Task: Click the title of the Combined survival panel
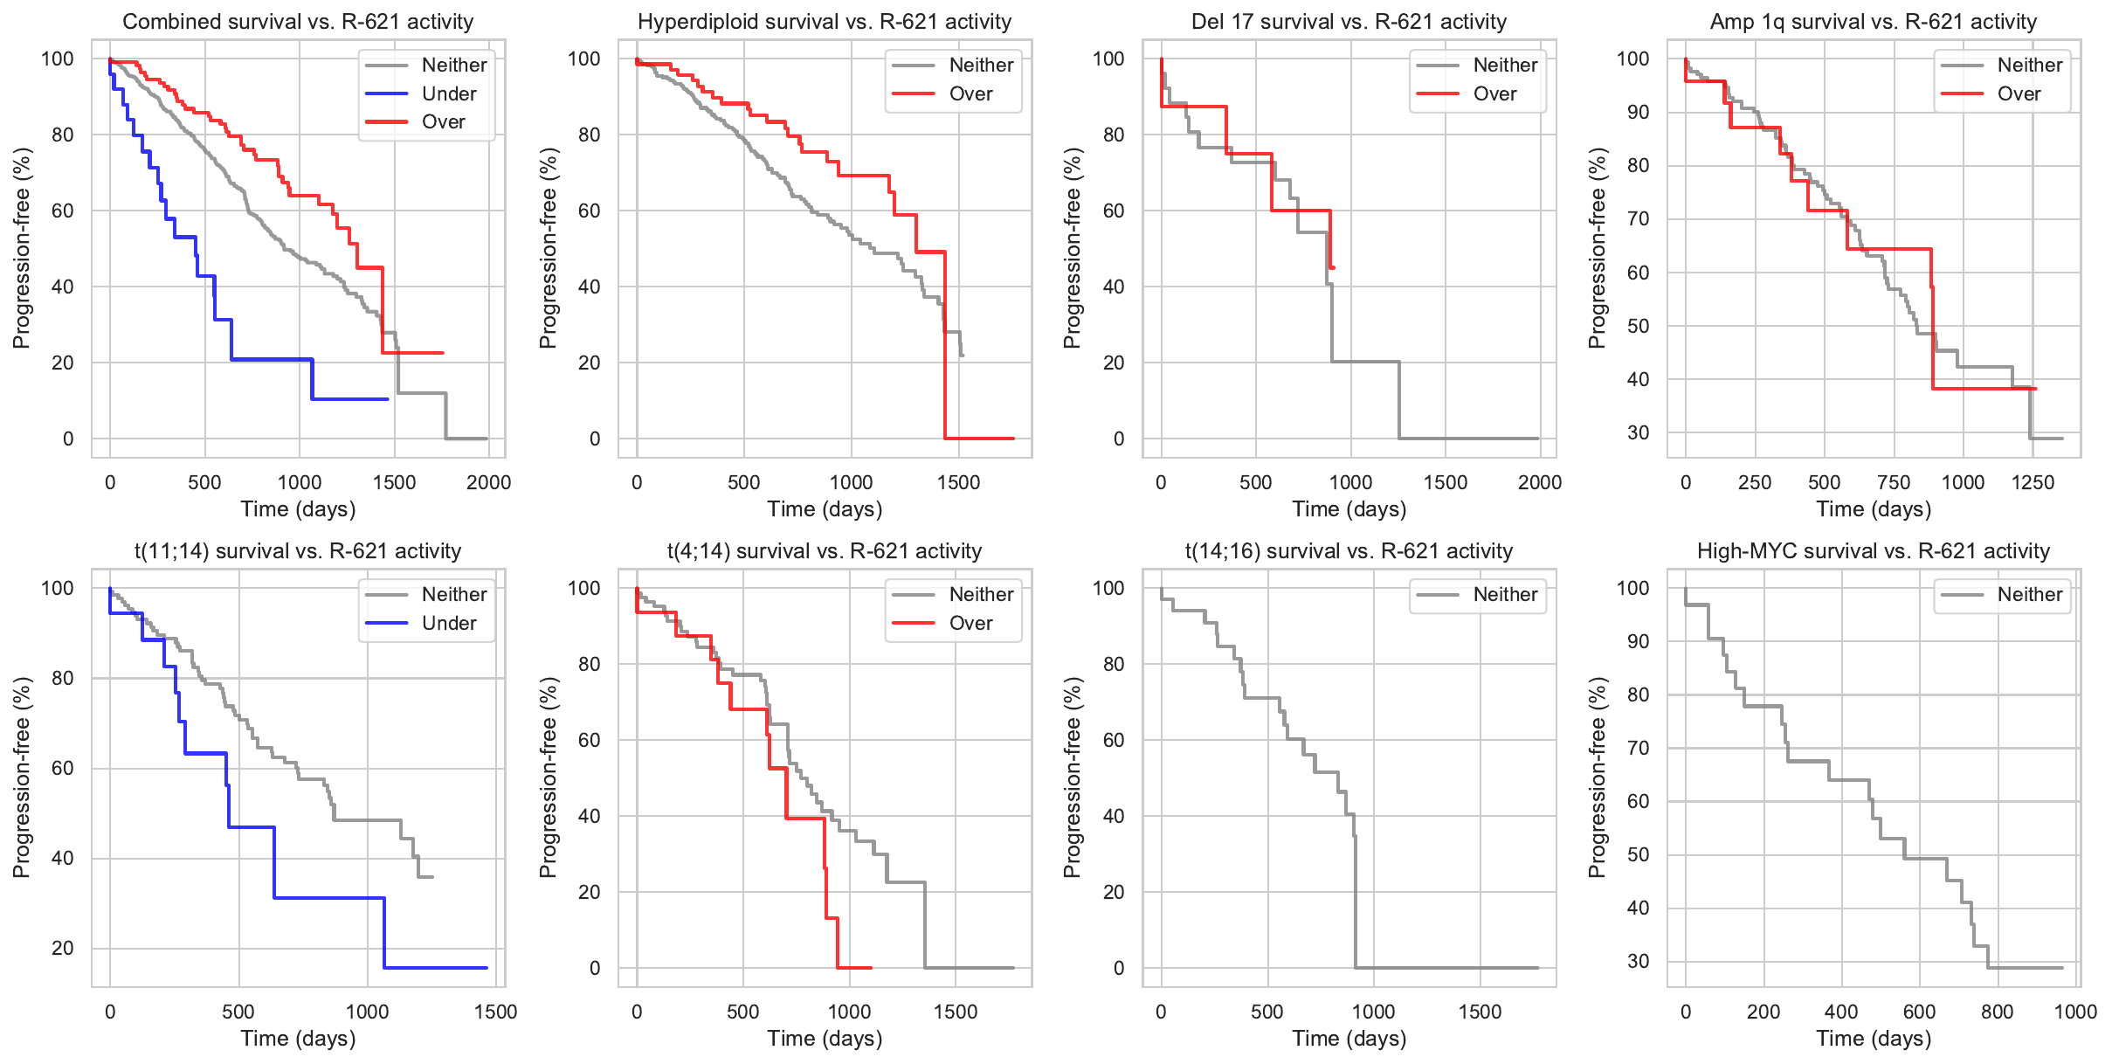coord(298,22)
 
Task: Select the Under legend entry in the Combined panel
coord(449,93)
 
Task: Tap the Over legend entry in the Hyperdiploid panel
coord(970,93)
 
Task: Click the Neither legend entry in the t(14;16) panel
coord(1505,595)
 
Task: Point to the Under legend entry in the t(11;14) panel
coord(449,623)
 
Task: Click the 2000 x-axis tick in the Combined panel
coord(488,482)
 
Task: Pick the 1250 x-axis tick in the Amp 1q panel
coord(2033,482)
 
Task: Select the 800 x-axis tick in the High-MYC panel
coord(1997,1012)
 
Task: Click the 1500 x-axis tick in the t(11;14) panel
coord(495,1012)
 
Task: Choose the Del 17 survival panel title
coord(1349,22)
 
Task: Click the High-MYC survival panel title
coord(1873,551)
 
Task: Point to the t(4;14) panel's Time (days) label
coord(825,1038)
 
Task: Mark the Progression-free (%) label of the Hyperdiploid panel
coord(548,248)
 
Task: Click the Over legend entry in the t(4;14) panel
coord(970,623)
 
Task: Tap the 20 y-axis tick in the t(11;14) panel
coord(62,948)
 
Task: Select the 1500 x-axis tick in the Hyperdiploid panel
coord(958,482)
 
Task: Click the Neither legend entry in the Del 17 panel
coord(1505,65)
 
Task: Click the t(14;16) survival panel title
coord(1349,551)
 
